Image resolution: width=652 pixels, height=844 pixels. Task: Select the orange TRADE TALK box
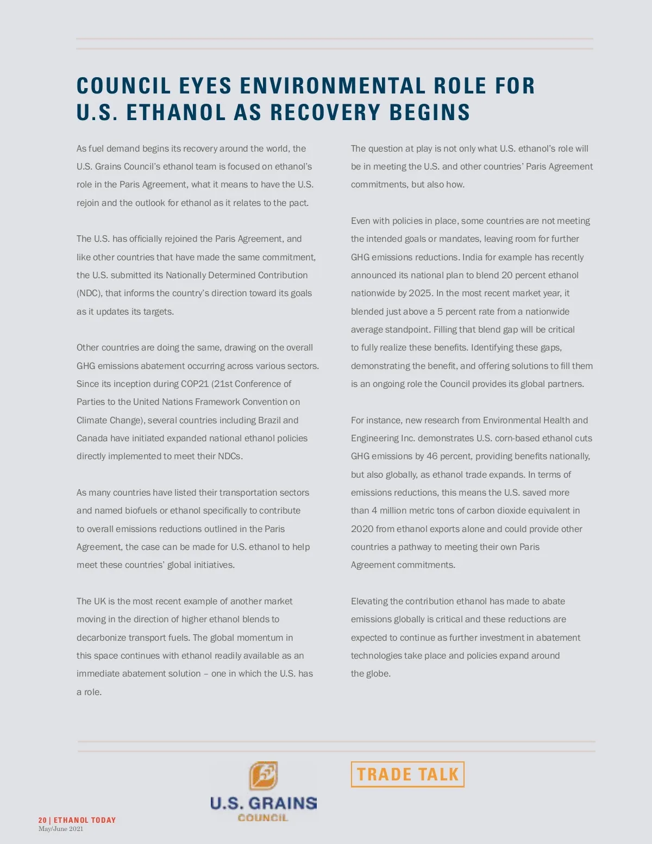point(407,774)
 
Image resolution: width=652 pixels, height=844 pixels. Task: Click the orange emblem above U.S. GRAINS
point(264,776)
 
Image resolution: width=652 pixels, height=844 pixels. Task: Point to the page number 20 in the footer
point(42,820)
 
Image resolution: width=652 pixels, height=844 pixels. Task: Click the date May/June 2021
point(61,829)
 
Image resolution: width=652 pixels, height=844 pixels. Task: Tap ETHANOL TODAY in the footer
point(85,820)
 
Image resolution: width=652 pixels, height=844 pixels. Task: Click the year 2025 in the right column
point(420,293)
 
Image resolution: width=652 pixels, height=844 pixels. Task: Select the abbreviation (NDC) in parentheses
point(89,293)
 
